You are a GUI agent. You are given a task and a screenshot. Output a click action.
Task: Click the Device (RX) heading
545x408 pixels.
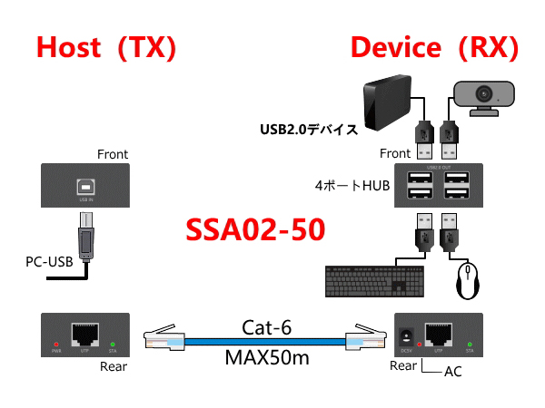[x=434, y=48]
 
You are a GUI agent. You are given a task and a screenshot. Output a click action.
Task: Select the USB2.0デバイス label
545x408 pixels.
[x=308, y=130]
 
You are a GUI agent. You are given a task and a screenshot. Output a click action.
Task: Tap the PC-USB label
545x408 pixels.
[x=48, y=263]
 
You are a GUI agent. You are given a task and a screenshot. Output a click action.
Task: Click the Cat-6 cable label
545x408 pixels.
[x=266, y=326]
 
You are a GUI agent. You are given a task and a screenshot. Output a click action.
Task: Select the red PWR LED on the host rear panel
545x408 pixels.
[x=56, y=345]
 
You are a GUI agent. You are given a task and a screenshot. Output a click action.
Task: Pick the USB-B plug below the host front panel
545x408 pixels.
[x=86, y=239]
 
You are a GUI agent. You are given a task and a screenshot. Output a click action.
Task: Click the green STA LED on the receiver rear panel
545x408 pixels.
[x=471, y=345]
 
